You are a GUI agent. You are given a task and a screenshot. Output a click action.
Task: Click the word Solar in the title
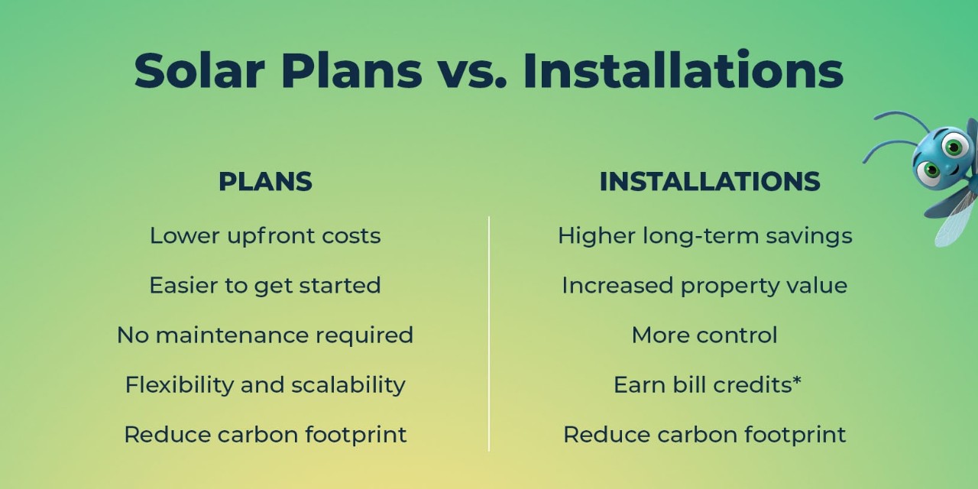pyautogui.click(x=199, y=70)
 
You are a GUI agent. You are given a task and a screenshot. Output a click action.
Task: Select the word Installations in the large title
pyautogui.click(x=683, y=70)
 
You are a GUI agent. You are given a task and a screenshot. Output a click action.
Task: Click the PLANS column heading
pyautogui.click(x=265, y=182)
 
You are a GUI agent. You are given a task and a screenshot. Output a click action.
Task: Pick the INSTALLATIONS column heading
pyautogui.click(x=710, y=182)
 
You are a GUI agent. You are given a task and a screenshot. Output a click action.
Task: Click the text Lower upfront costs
pyautogui.click(x=265, y=237)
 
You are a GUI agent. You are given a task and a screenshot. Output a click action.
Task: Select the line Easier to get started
pyautogui.click(x=265, y=286)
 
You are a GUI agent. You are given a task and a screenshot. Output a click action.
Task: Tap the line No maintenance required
pyautogui.click(x=265, y=335)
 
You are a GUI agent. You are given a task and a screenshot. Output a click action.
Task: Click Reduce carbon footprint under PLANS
pyautogui.click(x=265, y=436)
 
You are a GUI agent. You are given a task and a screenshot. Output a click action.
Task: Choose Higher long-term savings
pyautogui.click(x=705, y=237)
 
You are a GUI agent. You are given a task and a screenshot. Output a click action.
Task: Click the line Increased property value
pyautogui.click(x=704, y=287)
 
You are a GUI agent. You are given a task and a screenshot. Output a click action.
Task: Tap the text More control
pyautogui.click(x=704, y=335)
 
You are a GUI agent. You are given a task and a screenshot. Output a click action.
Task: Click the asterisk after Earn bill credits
pyautogui.click(x=797, y=381)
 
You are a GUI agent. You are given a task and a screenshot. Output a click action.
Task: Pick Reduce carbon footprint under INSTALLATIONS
pyautogui.click(x=704, y=436)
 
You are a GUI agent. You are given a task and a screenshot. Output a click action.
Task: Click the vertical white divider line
pyautogui.click(x=489, y=334)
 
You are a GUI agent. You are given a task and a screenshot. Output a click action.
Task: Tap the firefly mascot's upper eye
pyautogui.click(x=954, y=147)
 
